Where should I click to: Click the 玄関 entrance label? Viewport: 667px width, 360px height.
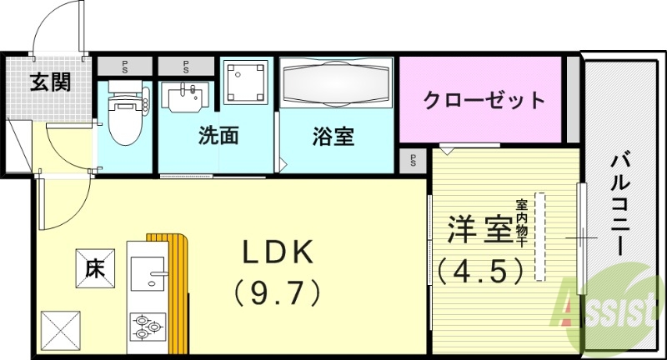point(50,82)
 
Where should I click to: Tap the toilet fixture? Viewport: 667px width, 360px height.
point(123,104)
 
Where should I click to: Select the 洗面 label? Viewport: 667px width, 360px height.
point(218,137)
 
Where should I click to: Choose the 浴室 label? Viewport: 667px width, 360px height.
point(334,137)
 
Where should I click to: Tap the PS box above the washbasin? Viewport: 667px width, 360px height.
point(186,64)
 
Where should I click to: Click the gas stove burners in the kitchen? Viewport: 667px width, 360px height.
point(147,326)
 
